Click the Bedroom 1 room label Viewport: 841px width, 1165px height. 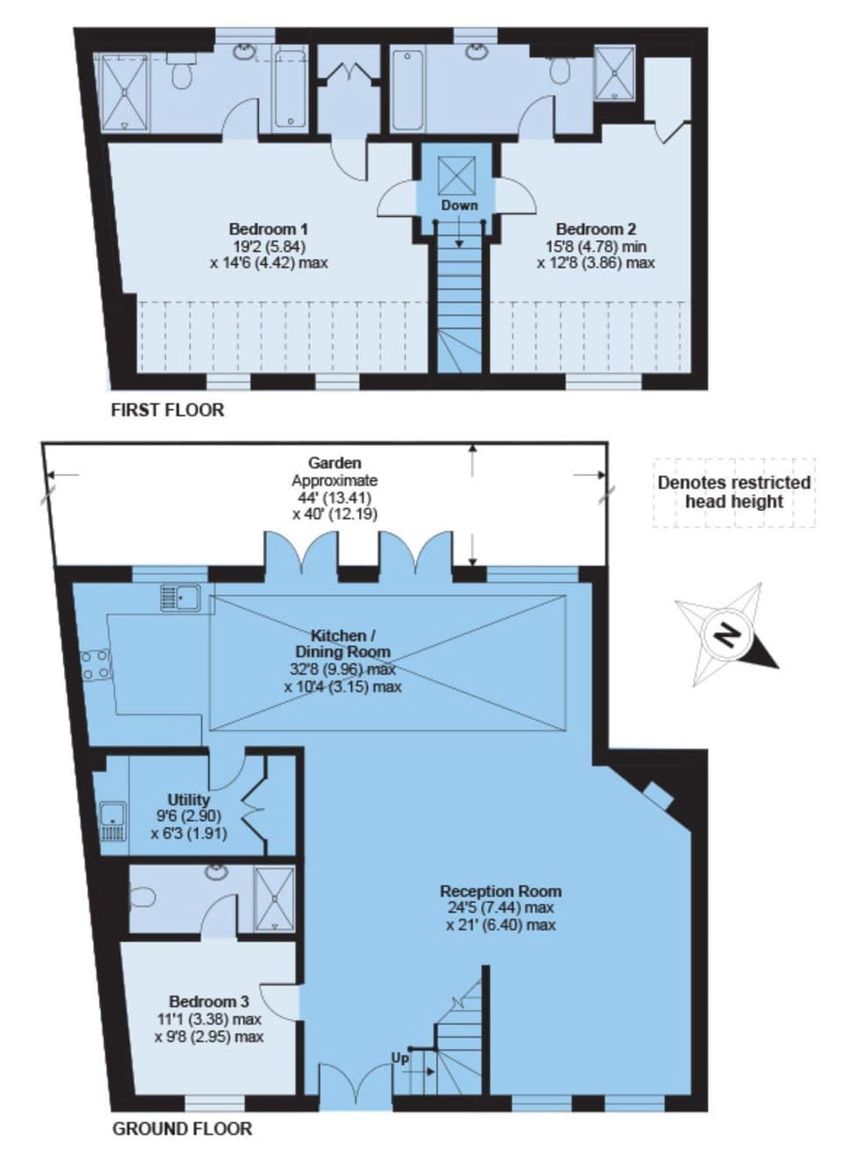[269, 228]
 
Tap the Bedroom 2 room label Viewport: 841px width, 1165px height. [596, 228]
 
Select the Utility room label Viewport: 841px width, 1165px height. [189, 799]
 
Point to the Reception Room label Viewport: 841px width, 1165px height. [500, 891]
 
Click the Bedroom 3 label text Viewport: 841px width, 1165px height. [208, 1001]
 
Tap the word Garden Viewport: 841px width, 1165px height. [335, 462]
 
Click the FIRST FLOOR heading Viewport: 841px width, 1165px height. [167, 410]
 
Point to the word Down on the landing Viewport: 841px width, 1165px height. [459, 206]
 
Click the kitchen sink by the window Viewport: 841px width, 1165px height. [180, 598]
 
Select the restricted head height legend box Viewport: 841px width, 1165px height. [734, 493]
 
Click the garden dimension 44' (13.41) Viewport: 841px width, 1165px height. [335, 498]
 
